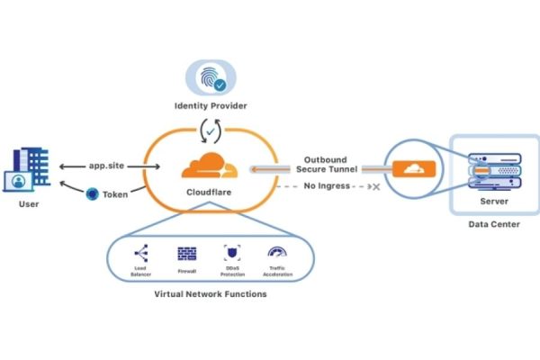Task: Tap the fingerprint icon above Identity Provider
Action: click(x=207, y=76)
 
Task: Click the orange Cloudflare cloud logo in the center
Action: click(x=209, y=166)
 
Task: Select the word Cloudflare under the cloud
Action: click(x=208, y=193)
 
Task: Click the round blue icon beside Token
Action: click(x=92, y=193)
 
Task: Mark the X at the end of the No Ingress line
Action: click(x=375, y=187)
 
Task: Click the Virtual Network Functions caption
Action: click(x=210, y=293)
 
